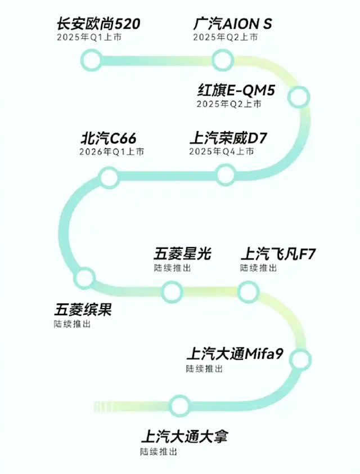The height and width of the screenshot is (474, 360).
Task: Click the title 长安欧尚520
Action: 98,24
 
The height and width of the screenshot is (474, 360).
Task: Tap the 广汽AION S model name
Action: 232,24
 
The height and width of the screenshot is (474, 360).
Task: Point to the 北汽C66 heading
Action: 109,138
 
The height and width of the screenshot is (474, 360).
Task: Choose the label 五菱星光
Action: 183,254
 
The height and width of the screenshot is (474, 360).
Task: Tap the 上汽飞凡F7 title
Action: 278,254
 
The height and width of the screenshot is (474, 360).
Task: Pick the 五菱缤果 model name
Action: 83,310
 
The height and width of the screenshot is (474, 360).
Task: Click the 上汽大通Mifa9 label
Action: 235,354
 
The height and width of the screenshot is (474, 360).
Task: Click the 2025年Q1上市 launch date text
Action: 89,38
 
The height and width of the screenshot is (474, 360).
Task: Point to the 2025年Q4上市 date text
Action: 222,152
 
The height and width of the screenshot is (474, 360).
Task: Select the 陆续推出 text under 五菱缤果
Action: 72,324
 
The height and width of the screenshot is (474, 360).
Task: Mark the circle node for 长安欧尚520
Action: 91,59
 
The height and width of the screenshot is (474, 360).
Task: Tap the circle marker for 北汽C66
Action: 109,178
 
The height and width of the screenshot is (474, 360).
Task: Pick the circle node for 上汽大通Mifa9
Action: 301,358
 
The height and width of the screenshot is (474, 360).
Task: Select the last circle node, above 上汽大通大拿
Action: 179,405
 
